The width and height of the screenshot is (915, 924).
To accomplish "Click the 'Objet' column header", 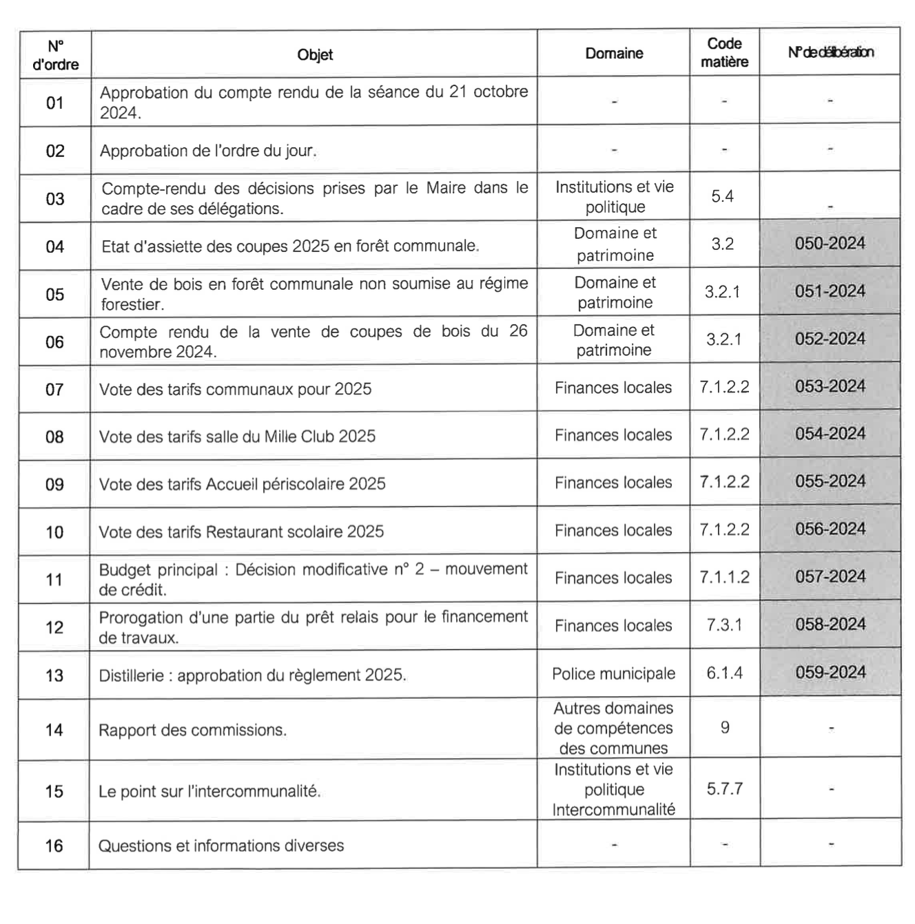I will [x=315, y=55].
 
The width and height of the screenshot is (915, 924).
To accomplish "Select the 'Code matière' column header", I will [x=724, y=53].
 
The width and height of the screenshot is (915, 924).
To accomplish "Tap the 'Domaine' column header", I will [x=614, y=54].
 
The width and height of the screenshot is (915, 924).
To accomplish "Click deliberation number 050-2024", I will [x=830, y=244].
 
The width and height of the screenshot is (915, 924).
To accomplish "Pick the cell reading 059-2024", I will [x=830, y=673].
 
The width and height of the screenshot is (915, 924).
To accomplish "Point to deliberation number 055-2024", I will [x=830, y=482].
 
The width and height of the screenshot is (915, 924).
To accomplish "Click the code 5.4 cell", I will [x=722, y=197].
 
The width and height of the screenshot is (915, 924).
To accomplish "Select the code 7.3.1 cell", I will [x=724, y=625].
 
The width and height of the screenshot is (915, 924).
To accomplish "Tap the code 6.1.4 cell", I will [x=724, y=673].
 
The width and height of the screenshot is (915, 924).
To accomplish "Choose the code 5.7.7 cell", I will [x=724, y=789].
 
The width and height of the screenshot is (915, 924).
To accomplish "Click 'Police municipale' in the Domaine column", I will [x=613, y=674].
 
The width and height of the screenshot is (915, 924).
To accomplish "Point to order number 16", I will [x=54, y=846].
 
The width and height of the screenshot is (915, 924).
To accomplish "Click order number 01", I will [x=55, y=103].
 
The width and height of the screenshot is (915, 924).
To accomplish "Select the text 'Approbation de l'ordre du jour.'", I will [x=208, y=151].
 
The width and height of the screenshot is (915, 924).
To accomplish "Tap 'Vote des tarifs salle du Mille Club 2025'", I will [x=237, y=437].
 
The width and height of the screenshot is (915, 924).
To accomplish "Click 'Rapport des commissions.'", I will [x=192, y=731].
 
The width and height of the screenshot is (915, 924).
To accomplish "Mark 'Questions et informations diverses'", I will [x=220, y=846].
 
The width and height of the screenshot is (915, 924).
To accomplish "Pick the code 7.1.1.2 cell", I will [x=724, y=578].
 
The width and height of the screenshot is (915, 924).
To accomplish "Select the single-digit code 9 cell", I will [x=724, y=728].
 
